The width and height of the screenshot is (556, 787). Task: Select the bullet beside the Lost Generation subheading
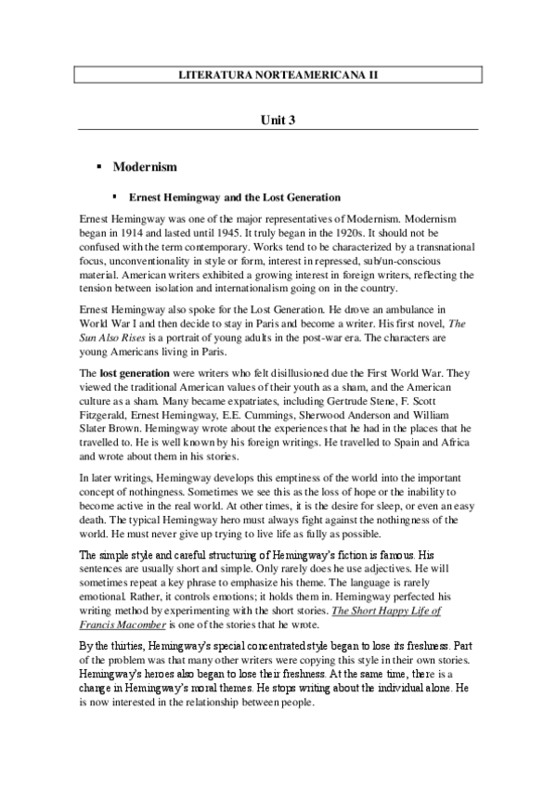point(116,198)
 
